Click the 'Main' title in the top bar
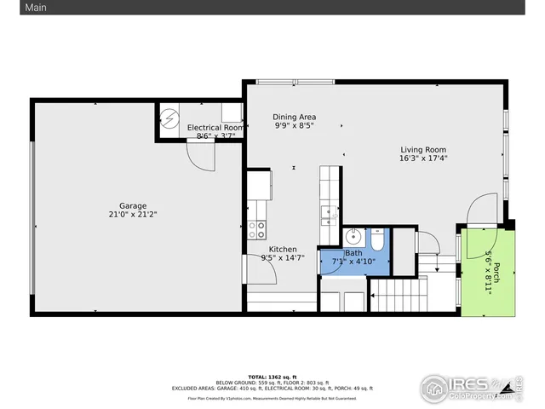tap(12, 8)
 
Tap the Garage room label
tap(132, 205)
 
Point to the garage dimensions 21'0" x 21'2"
tap(132, 215)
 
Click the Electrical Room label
tap(215, 127)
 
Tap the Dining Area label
tap(295, 116)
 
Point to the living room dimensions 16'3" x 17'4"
tap(423, 158)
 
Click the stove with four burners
tap(257, 228)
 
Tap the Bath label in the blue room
tap(353, 253)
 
